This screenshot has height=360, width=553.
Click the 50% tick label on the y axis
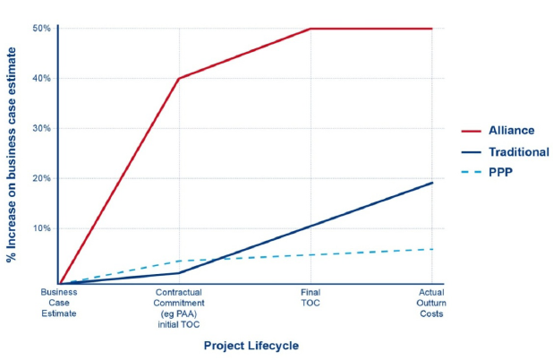40,29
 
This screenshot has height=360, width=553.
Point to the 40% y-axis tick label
40,79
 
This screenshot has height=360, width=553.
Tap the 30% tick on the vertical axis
40,128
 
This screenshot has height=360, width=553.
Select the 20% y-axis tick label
40,178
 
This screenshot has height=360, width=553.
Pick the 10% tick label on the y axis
40,228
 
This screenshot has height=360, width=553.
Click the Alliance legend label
512,131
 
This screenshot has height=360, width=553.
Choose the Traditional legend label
520,152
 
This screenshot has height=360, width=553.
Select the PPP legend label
502,174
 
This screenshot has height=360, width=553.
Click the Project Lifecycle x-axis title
251,345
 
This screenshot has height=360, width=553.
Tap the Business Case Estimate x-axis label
59,303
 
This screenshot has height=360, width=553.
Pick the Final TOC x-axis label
310,297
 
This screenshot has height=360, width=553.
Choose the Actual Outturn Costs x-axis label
432,303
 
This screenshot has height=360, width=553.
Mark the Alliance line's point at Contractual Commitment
179,79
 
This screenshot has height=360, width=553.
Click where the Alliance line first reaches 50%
310,29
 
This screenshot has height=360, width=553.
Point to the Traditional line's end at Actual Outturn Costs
432,183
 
